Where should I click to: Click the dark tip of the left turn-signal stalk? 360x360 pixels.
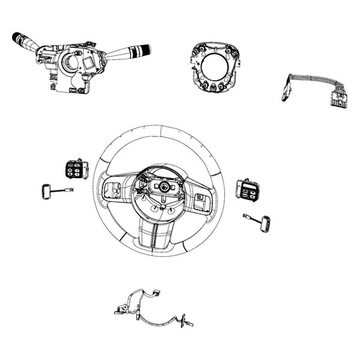(17, 37)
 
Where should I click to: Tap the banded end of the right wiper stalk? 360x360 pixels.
(143, 50)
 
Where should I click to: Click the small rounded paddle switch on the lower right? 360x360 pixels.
(265, 223)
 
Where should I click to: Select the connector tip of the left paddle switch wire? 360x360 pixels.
(71, 190)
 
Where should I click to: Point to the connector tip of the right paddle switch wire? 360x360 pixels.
(245, 215)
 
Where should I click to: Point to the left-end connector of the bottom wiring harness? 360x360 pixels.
(117, 311)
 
